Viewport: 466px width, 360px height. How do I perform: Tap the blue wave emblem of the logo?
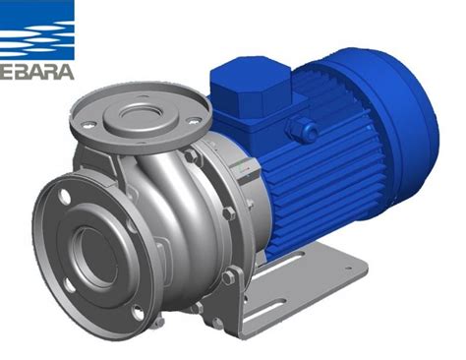[x=36, y=30]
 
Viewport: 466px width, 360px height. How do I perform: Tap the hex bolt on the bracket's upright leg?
[x=228, y=278]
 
